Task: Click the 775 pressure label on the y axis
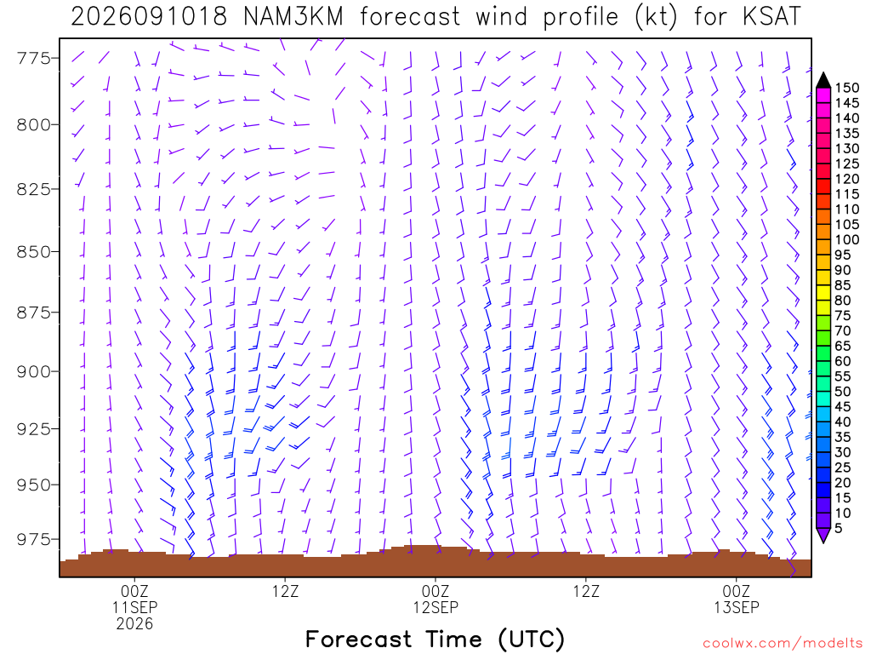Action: (32, 58)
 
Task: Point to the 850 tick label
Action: (32, 252)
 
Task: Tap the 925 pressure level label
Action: (32, 429)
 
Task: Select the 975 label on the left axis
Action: (32, 539)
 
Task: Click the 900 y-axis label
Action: (32, 371)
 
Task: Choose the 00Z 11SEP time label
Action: (134, 599)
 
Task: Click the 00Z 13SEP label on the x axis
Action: (736, 599)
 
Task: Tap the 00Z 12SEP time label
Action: (435, 599)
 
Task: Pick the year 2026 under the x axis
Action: (134, 623)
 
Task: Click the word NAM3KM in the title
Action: (293, 16)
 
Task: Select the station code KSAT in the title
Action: (772, 16)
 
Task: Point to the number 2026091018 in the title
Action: (149, 16)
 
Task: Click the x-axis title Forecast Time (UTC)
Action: (435, 639)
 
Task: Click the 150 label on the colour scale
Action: (848, 88)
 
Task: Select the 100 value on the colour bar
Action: (848, 239)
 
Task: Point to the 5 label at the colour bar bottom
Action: (839, 528)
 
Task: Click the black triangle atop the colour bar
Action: (823, 80)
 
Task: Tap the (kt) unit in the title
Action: (656, 17)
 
